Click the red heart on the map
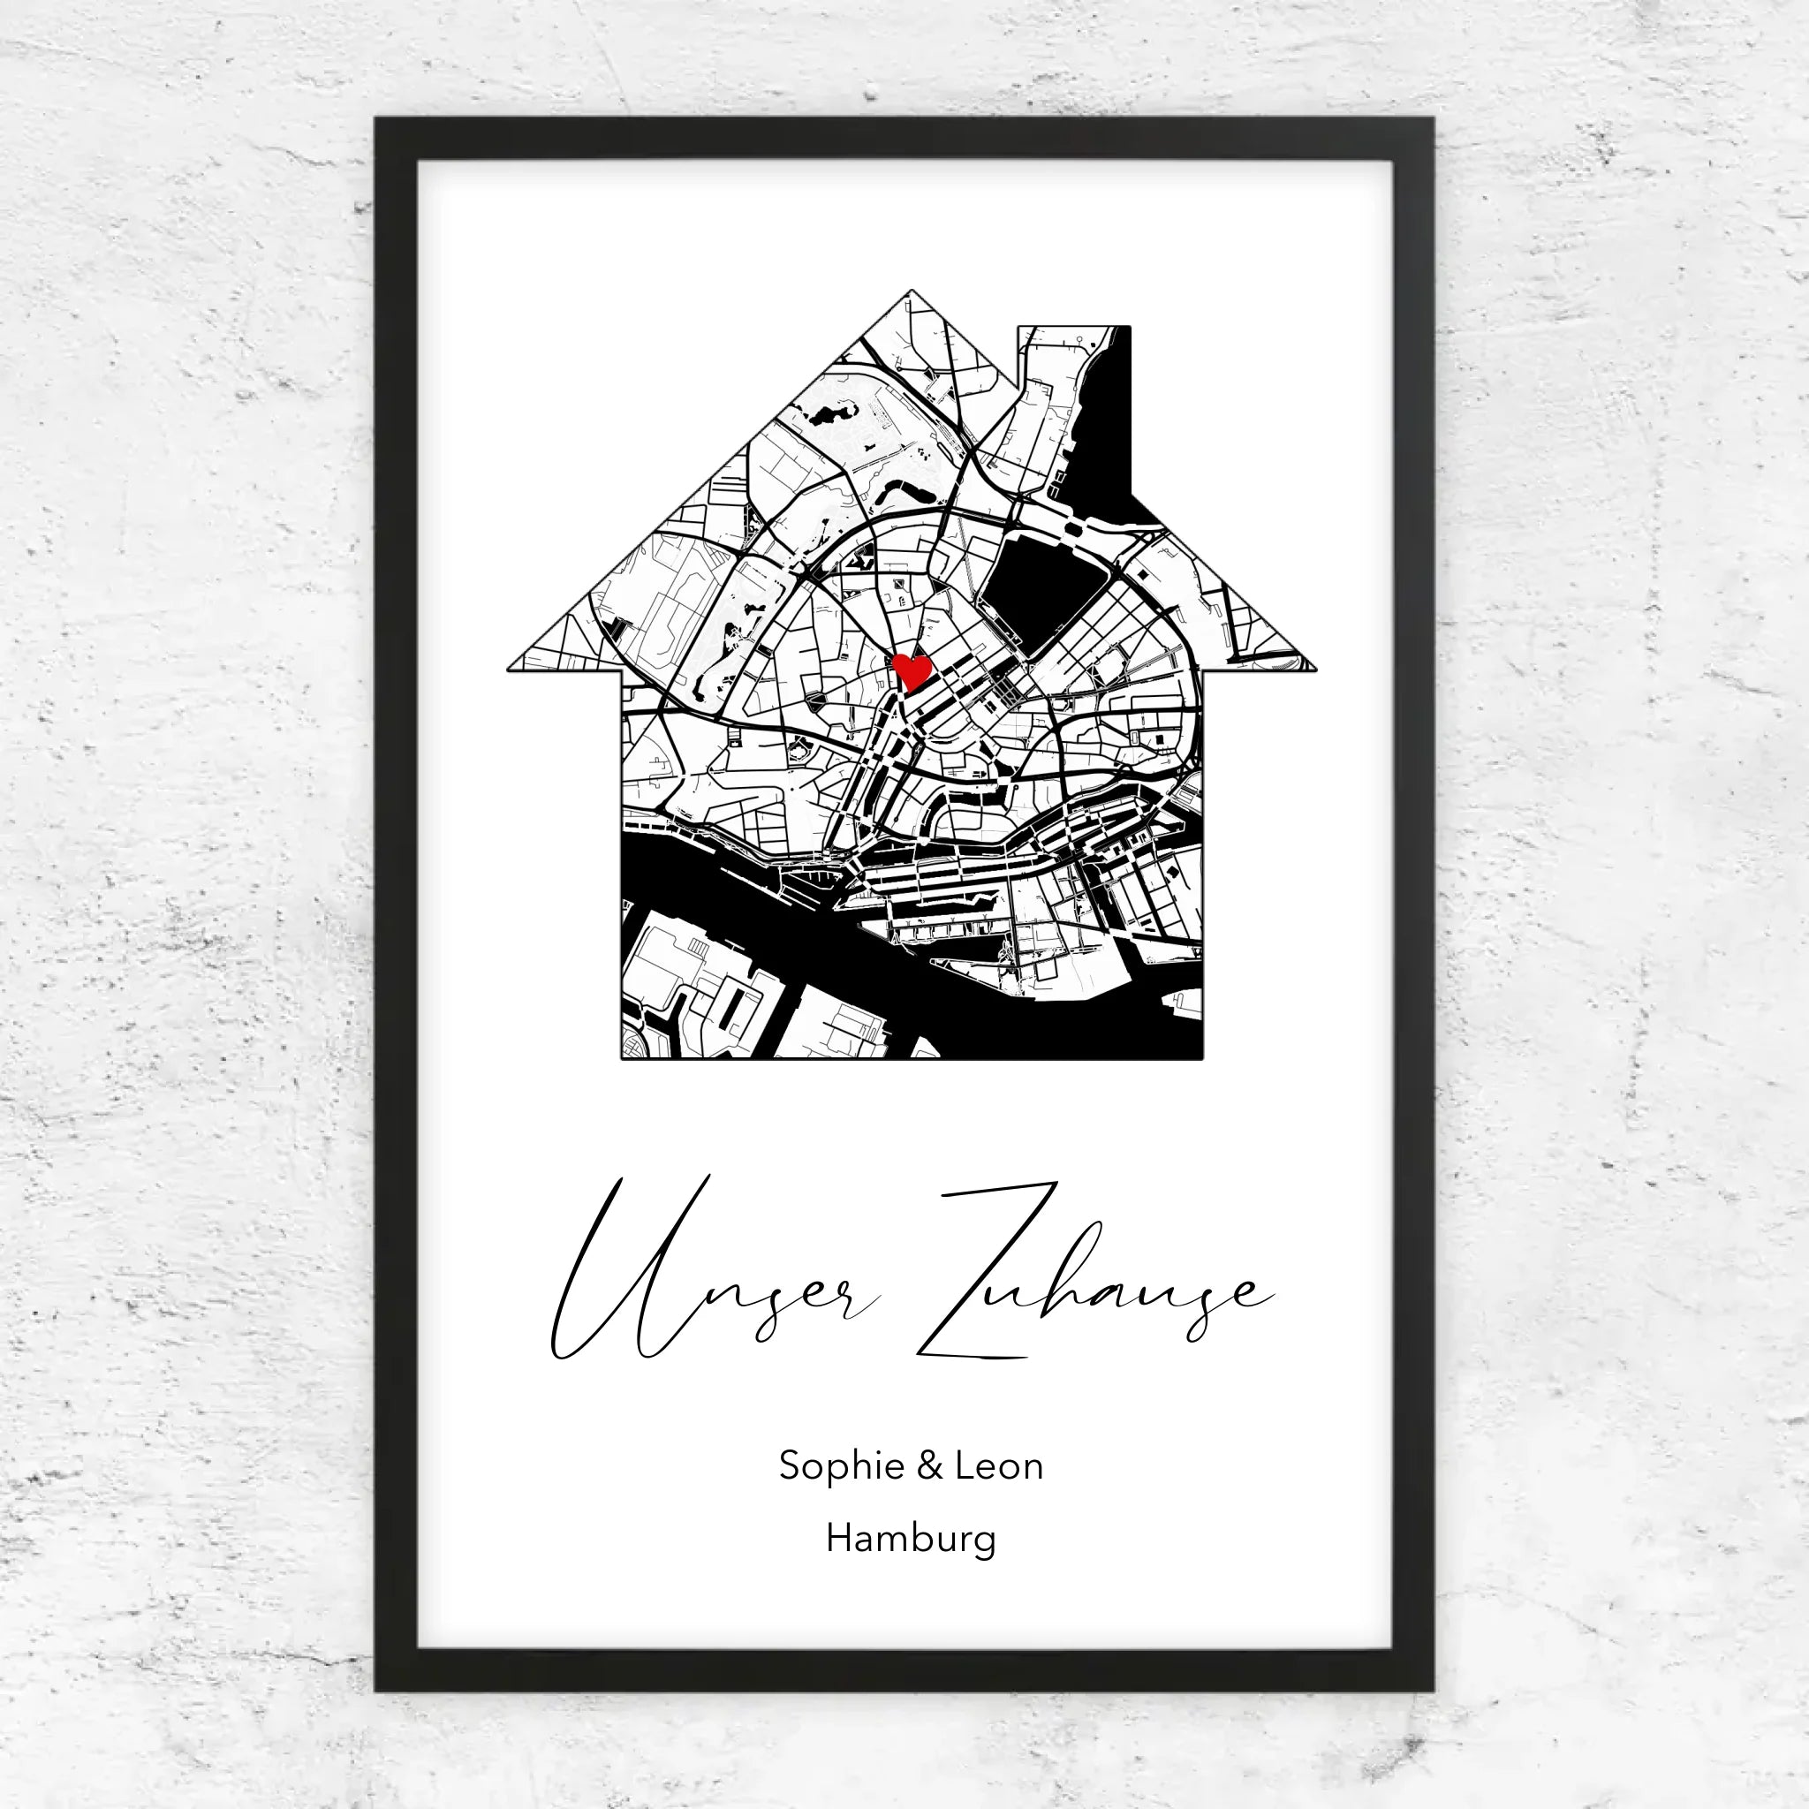911,670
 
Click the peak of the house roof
910,292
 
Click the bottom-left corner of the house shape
624,1058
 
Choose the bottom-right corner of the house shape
1201,1058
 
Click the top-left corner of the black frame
377,120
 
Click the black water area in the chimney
1105,421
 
